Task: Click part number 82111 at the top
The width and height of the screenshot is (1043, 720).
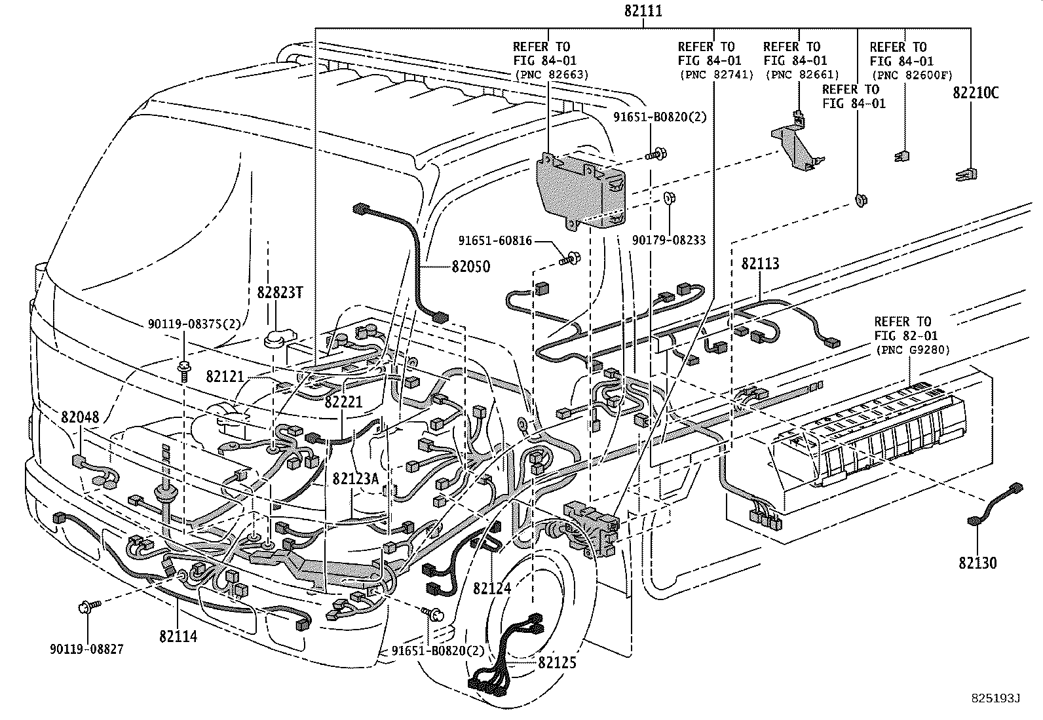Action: click(x=643, y=11)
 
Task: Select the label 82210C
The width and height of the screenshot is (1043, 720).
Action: click(x=976, y=93)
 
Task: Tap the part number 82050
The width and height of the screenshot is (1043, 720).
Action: click(x=471, y=267)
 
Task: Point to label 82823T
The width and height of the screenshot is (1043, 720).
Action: click(x=280, y=292)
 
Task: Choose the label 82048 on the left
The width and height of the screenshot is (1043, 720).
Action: click(x=81, y=417)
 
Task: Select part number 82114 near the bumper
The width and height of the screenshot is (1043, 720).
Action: click(x=178, y=635)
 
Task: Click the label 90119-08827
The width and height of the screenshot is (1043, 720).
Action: click(x=86, y=649)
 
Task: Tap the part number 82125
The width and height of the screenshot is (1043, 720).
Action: click(x=557, y=662)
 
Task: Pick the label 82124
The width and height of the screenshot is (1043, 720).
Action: click(x=492, y=589)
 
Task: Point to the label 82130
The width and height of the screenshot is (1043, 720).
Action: click(x=978, y=563)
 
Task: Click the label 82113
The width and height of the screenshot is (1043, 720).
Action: click(x=760, y=263)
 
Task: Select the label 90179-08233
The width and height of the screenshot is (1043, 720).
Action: click(x=669, y=240)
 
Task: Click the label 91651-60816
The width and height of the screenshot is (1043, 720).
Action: click(x=495, y=241)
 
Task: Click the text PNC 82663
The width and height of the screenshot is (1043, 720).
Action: click(x=550, y=75)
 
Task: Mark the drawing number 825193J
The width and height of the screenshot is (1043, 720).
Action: click(x=996, y=699)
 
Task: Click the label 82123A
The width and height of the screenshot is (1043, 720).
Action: click(x=356, y=479)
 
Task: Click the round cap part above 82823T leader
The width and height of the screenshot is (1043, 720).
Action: click(x=276, y=338)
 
